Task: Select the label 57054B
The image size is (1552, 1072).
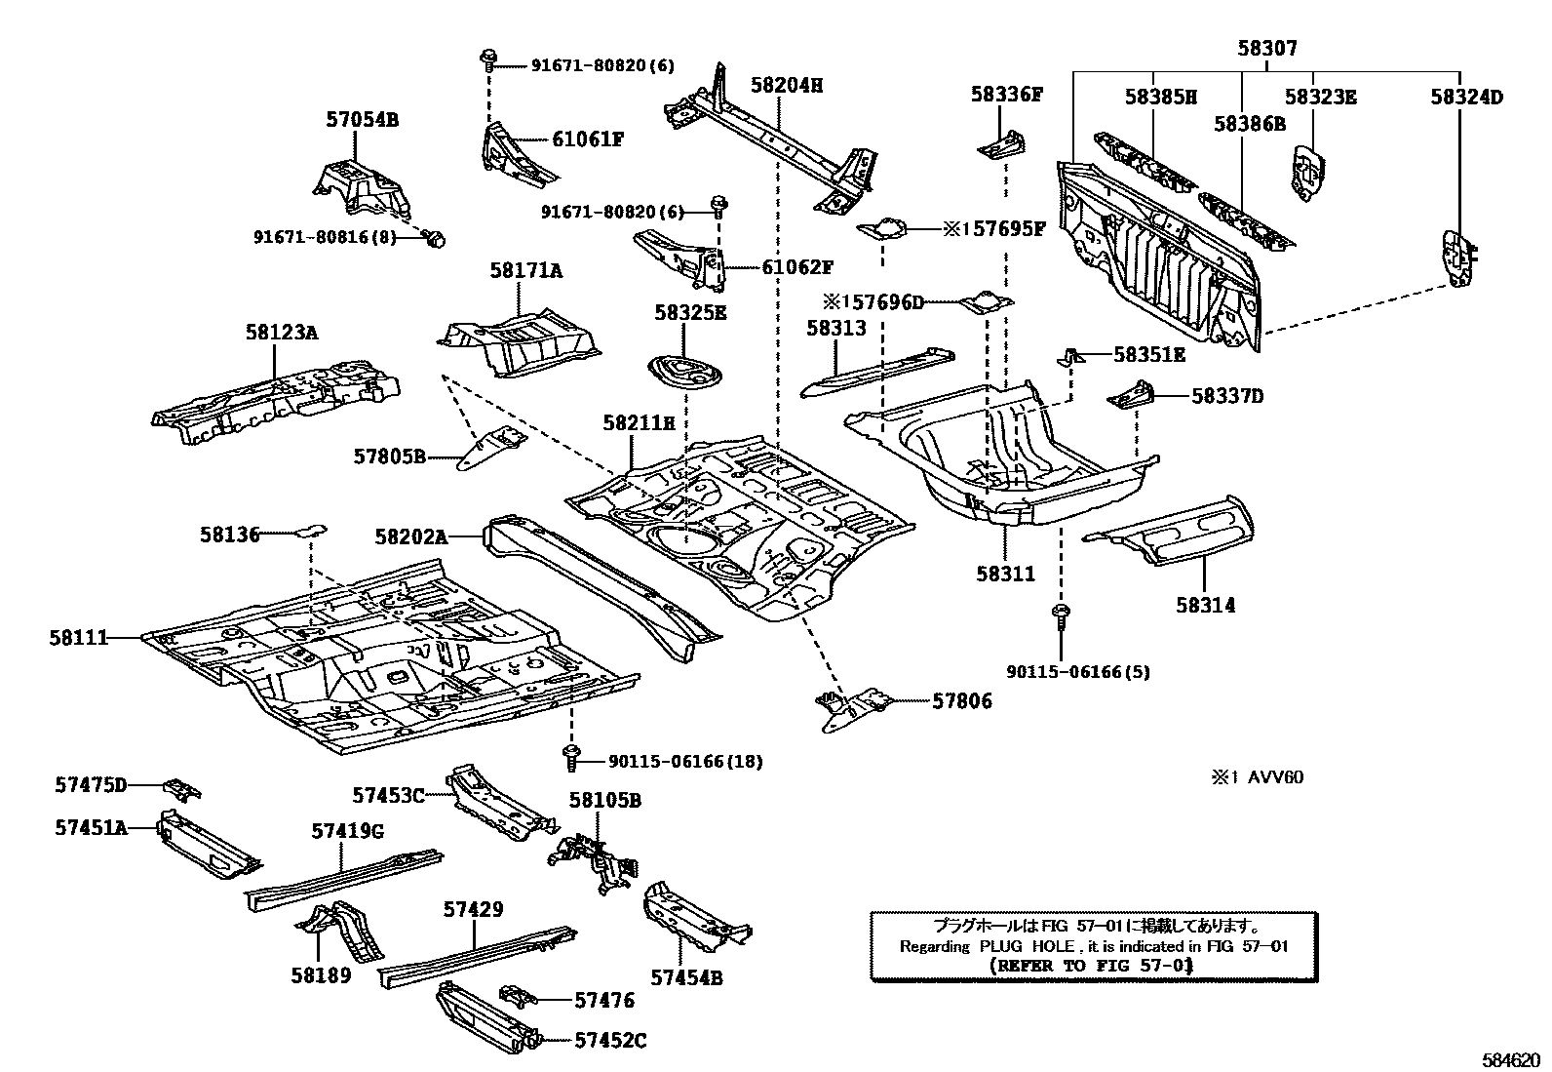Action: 362,120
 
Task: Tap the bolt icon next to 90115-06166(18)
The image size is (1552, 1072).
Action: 570,754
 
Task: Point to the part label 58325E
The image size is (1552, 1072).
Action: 690,312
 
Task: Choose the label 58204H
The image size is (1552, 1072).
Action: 787,85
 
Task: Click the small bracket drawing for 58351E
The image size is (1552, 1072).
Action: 1069,357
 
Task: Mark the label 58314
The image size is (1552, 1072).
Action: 1205,605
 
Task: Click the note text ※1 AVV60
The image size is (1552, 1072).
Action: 1257,777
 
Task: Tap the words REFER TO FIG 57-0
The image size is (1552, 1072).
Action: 1091,966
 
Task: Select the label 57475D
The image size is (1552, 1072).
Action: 91,784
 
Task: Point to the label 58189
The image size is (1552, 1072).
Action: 320,974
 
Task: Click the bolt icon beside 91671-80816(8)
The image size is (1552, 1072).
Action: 438,238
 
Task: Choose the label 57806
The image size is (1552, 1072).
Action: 962,700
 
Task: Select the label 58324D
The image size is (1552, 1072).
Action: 1466,97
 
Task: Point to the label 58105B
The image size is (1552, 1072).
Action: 604,800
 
